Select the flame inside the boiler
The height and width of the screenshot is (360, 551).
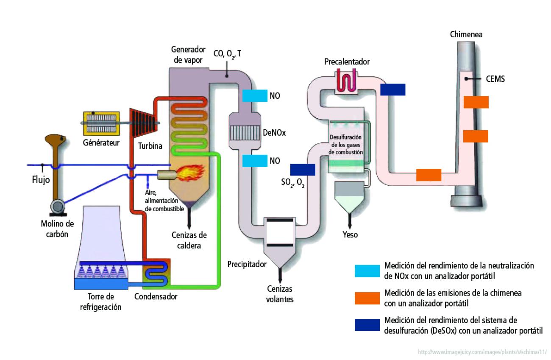pyautogui.click(x=190, y=173)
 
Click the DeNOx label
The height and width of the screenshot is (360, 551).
pyautogui.click(x=274, y=132)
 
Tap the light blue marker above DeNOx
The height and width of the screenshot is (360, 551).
pyautogui.click(x=255, y=96)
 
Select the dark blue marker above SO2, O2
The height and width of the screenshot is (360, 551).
pyautogui.click(x=303, y=169)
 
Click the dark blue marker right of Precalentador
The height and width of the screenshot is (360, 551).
pyautogui.click(x=392, y=89)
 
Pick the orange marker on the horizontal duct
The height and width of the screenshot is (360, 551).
pyautogui.click(x=429, y=175)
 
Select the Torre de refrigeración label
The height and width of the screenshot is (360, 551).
pyautogui.click(x=100, y=302)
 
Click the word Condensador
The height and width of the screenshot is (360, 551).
pyautogui.click(x=156, y=297)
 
